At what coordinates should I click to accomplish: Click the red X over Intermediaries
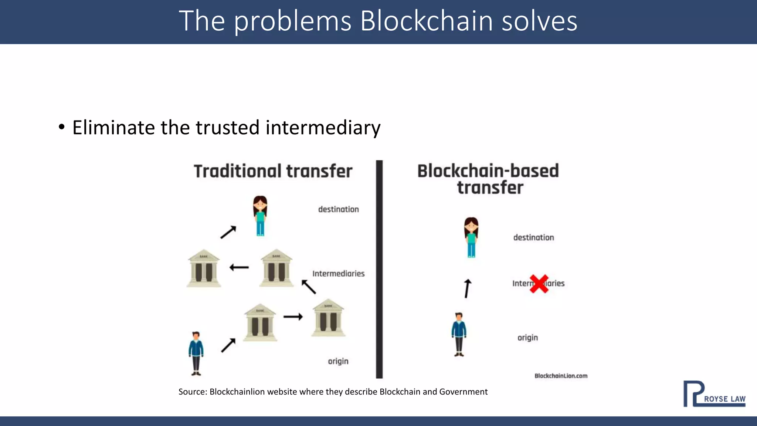click(539, 284)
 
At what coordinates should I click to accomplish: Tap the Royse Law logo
click(714, 394)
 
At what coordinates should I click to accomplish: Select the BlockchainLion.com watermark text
click(561, 376)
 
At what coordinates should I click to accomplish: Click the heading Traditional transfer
click(273, 171)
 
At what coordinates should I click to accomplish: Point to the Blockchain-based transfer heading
click(488, 179)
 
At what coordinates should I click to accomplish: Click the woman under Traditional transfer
click(260, 216)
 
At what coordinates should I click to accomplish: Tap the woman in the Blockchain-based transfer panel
click(471, 237)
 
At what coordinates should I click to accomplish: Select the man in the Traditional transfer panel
click(196, 353)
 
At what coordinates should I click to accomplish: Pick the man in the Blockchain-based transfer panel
click(459, 334)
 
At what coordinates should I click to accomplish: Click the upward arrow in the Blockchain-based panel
click(468, 288)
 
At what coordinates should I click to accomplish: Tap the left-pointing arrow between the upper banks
click(239, 267)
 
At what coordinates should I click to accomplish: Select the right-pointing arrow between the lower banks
click(293, 317)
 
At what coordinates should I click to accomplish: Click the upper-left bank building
click(204, 268)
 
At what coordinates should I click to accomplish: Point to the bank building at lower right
click(328, 318)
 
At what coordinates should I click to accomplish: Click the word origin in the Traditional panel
click(338, 361)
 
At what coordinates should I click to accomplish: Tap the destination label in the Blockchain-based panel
click(533, 237)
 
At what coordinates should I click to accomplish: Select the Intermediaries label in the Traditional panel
click(338, 274)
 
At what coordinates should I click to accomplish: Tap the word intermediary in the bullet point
click(323, 128)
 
